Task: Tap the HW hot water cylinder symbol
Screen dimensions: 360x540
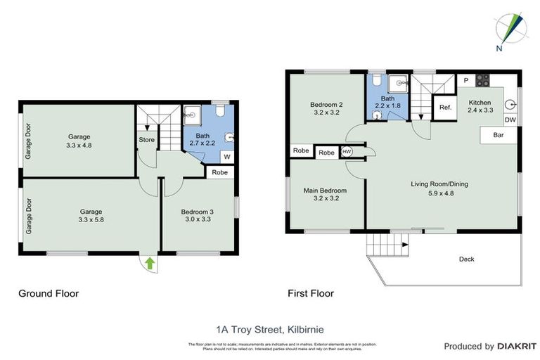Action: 347,152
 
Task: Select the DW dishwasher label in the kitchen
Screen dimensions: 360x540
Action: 510,120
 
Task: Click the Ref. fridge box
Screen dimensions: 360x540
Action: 445,108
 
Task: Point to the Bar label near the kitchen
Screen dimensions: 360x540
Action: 499,134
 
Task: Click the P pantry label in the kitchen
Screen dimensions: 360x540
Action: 465,80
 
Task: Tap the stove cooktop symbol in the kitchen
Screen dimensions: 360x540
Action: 483,79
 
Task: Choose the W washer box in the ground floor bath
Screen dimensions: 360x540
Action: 226,157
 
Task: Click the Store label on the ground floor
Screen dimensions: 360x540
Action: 146,139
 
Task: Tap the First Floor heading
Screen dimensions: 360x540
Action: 310,293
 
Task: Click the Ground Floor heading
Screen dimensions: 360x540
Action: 49,293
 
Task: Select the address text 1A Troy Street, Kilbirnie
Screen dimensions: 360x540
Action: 269,328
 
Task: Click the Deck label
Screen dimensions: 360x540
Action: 466,259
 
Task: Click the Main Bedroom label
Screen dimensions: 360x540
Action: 324,190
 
